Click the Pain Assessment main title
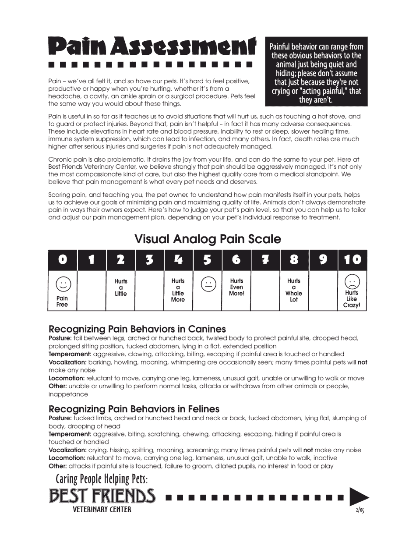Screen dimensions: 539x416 (x=152, y=46)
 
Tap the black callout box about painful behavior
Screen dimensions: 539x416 (x=316, y=73)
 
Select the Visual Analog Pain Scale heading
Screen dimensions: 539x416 (x=208, y=239)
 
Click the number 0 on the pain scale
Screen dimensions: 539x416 (x=63, y=260)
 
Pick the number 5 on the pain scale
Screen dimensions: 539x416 (x=208, y=260)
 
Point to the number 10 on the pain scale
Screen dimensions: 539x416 (x=352, y=260)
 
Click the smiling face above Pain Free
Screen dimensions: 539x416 (x=63, y=284)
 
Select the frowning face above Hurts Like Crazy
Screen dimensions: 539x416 (x=352, y=281)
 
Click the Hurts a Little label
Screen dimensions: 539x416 (x=121, y=287)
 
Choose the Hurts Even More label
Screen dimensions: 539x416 (x=236, y=287)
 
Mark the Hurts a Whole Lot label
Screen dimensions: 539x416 (x=294, y=290)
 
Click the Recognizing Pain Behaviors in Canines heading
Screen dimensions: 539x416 (x=137, y=329)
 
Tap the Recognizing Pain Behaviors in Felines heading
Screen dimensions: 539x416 (x=134, y=409)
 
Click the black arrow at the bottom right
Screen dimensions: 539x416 (x=359, y=497)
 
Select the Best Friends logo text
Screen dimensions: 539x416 (x=102, y=496)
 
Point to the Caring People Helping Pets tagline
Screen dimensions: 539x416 (x=102, y=479)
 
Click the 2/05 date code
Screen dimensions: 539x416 (x=360, y=510)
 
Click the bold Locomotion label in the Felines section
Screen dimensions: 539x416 (x=67, y=458)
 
